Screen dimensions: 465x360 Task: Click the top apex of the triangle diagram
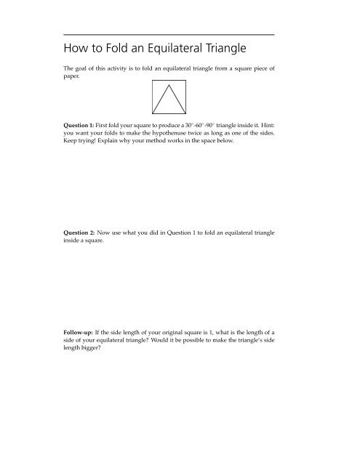coord(169,84)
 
